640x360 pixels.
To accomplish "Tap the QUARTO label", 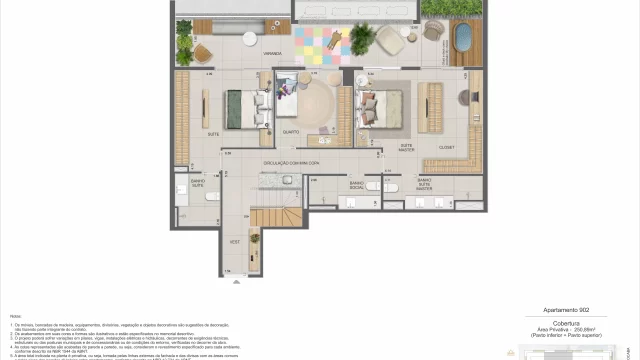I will tap(290, 130).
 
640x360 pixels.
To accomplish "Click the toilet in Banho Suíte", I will tap(211, 196).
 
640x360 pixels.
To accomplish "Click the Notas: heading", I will tap(16, 315).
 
